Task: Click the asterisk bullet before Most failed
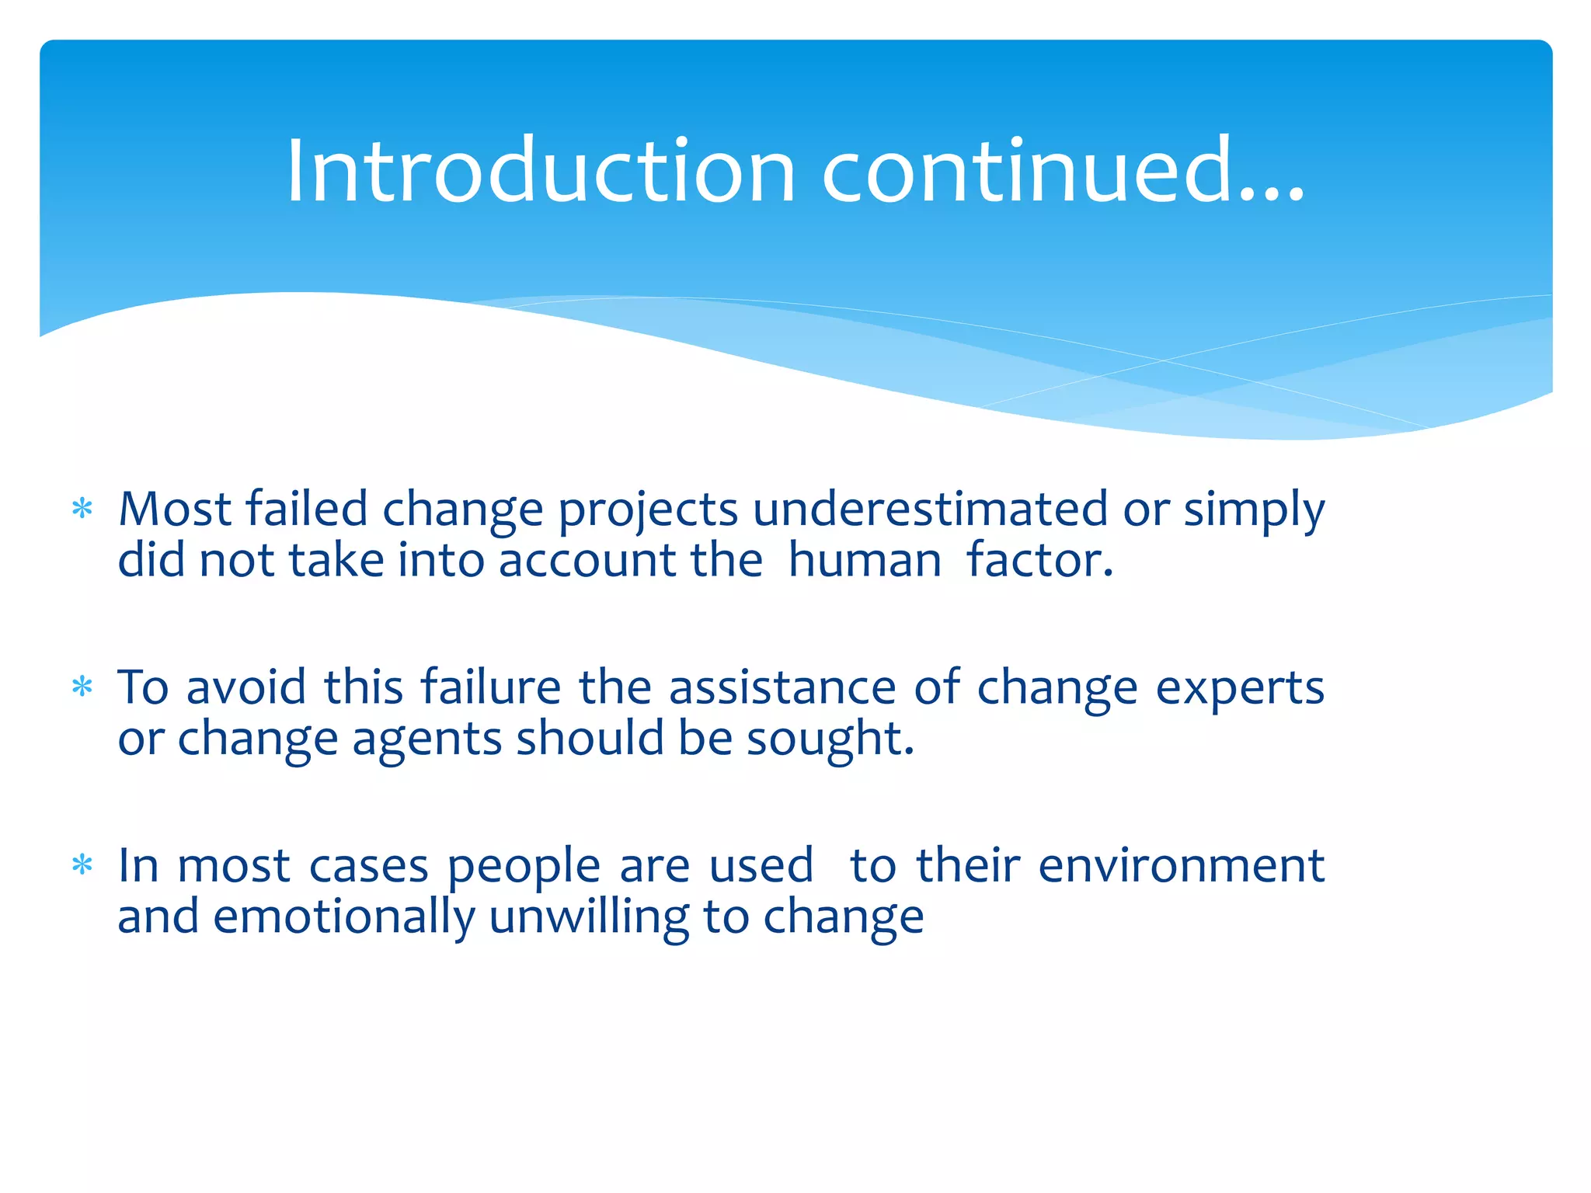(x=82, y=510)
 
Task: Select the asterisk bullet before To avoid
(x=82, y=687)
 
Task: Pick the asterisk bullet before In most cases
(x=82, y=865)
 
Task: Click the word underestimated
(x=929, y=510)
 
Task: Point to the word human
(x=864, y=561)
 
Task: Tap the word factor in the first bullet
(x=1039, y=561)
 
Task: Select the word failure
(x=490, y=687)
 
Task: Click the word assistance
(x=782, y=687)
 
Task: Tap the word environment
(x=1181, y=865)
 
